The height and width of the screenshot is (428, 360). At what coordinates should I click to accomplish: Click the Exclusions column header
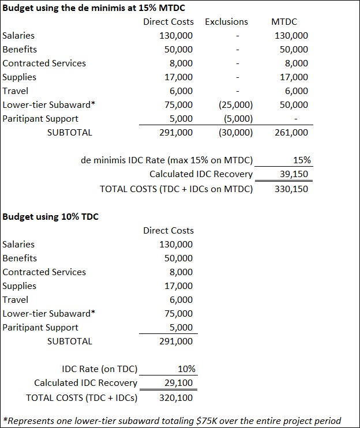[x=226, y=22]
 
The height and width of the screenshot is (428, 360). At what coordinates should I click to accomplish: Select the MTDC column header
[x=284, y=22]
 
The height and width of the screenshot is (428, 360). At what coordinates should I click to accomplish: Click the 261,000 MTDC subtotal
[x=291, y=133]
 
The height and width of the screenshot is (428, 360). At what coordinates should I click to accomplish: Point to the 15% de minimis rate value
[x=299, y=160]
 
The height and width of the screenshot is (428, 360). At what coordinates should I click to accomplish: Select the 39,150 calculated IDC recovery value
[x=294, y=174]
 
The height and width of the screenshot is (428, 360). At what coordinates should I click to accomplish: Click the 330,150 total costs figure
[x=292, y=189]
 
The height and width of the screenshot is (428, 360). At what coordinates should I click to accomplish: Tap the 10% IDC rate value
[x=186, y=369]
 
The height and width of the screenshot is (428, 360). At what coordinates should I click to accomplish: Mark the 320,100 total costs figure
[x=176, y=397]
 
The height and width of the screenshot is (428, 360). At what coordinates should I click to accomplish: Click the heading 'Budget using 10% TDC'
[x=51, y=217]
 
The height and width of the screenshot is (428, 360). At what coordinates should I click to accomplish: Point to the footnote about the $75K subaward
[x=172, y=421]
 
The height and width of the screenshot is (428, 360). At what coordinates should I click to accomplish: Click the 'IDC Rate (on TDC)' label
[x=99, y=369]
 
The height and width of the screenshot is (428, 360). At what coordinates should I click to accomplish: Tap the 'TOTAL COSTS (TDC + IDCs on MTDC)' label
[x=177, y=189]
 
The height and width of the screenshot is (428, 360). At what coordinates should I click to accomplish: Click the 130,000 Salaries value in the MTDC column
[x=291, y=36]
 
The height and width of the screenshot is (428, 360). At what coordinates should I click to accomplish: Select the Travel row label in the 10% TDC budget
[x=16, y=300]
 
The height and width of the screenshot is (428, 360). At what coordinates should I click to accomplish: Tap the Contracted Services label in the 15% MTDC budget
[x=44, y=63]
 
